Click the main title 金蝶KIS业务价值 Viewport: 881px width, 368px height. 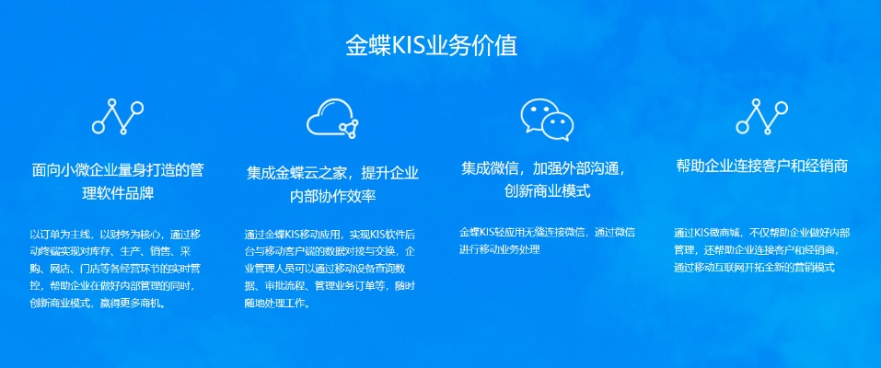(432, 46)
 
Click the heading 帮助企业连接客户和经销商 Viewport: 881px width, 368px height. (762, 167)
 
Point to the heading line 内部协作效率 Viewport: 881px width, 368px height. (332, 196)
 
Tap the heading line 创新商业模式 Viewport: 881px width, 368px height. (547, 191)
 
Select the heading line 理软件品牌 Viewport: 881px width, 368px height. (118, 194)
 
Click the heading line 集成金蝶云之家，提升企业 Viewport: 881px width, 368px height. (332, 172)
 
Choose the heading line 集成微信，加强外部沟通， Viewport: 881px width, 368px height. (547, 168)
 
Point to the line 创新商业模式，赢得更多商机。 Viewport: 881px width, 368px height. (98, 304)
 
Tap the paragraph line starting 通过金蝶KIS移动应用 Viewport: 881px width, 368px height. (330, 234)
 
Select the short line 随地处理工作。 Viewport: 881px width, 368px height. (277, 304)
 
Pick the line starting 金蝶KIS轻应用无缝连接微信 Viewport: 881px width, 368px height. (547, 232)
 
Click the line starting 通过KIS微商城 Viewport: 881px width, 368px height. (762, 233)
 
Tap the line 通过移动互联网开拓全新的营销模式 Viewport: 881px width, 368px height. (755, 268)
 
